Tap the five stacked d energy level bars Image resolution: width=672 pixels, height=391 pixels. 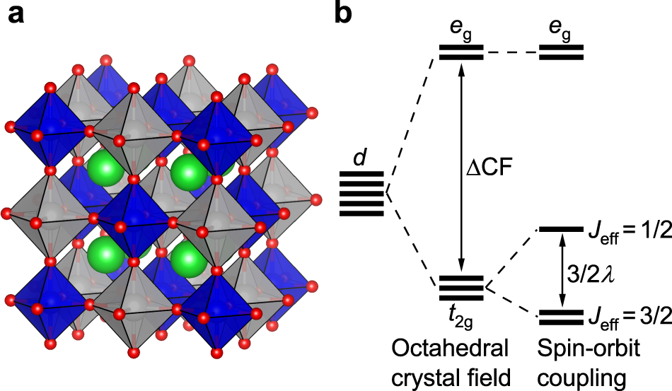point(361,193)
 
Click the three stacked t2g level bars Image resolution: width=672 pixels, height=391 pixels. point(461,286)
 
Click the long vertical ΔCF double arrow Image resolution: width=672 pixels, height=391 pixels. point(461,170)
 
